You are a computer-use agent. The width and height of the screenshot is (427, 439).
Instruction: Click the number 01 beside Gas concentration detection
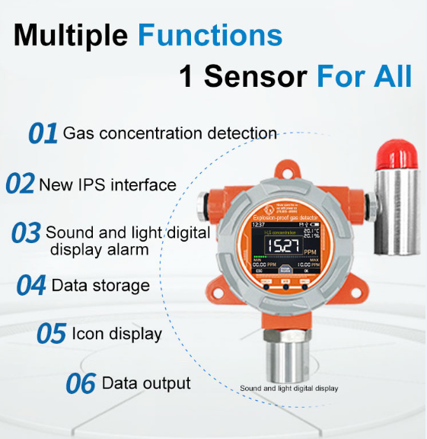[43, 133]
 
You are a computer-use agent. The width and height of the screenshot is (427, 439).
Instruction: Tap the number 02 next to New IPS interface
[20, 184]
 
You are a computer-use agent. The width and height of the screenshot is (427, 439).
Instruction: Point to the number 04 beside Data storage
[31, 286]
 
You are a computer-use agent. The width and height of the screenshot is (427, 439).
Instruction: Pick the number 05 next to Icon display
[51, 334]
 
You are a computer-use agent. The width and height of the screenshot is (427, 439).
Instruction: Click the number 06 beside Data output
[80, 383]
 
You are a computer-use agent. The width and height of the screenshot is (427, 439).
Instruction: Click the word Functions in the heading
[210, 35]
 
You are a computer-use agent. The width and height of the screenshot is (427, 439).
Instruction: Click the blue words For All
[364, 77]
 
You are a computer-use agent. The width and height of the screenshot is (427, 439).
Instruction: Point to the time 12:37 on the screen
[259, 225]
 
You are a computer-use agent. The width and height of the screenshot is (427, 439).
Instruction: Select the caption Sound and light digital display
[289, 388]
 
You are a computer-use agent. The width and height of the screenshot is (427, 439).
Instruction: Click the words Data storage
[100, 286]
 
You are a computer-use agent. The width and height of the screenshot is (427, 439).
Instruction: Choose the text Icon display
[116, 334]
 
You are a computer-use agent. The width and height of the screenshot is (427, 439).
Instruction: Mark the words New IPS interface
[107, 184]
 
